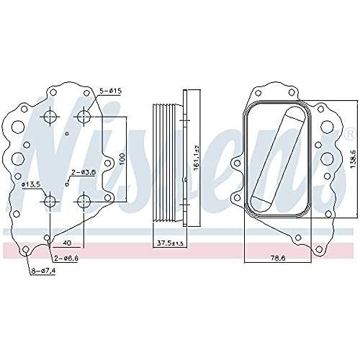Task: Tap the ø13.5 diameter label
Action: pyautogui.click(x=32, y=185)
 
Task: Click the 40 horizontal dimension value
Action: pyautogui.click(x=67, y=243)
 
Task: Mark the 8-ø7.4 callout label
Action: pyautogui.click(x=43, y=271)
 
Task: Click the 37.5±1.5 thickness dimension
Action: pyautogui.click(x=169, y=243)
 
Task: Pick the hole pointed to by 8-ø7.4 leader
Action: pyautogui.click(x=27, y=251)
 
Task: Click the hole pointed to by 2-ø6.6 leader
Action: pyautogui.click(x=48, y=235)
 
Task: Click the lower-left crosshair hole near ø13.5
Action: pyautogui.click(x=50, y=201)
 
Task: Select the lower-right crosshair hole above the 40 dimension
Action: pyautogui.click(x=85, y=201)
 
